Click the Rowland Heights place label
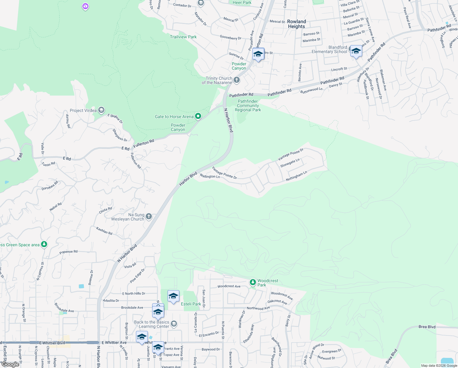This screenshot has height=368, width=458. (296, 24)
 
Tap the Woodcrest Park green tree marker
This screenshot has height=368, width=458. (253, 282)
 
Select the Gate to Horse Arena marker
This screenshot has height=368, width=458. (198, 116)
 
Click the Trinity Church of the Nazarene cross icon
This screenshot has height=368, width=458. (236, 80)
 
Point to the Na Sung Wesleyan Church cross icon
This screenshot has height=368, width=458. (148, 217)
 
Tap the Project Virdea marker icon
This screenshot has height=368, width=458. (101, 110)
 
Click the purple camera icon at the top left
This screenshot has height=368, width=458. (85, 6)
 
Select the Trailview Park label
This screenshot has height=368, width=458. (183, 37)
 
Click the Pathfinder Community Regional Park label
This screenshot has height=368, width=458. (248, 105)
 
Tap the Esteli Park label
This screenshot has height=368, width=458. (191, 304)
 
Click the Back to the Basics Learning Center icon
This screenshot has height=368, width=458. (174, 324)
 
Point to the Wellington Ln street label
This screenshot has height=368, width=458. (210, 176)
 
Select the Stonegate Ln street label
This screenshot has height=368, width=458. (290, 163)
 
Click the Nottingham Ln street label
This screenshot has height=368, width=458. (296, 176)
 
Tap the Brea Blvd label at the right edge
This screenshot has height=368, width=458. (427, 327)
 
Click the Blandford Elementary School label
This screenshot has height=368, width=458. (329, 49)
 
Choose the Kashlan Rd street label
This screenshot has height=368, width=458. (104, 231)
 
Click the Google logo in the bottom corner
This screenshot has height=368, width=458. (10, 364)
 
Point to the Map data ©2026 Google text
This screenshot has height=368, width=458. (439, 366)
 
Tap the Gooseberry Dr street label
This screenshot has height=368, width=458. (231, 37)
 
